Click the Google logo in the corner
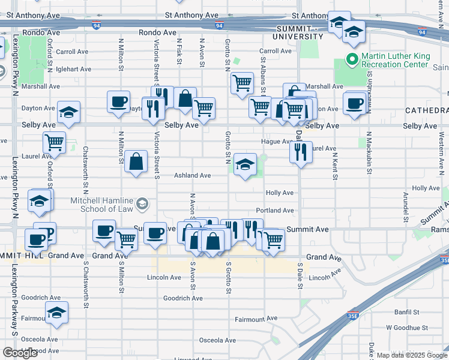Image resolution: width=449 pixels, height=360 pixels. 20,353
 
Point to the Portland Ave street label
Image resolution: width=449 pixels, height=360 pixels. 275,211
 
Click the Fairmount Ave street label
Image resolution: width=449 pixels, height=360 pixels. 256,319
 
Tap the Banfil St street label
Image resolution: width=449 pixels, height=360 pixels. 407,313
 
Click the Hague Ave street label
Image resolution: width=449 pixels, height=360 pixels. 276,142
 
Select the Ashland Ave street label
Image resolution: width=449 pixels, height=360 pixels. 192,176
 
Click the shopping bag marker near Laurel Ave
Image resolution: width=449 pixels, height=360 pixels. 136,161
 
